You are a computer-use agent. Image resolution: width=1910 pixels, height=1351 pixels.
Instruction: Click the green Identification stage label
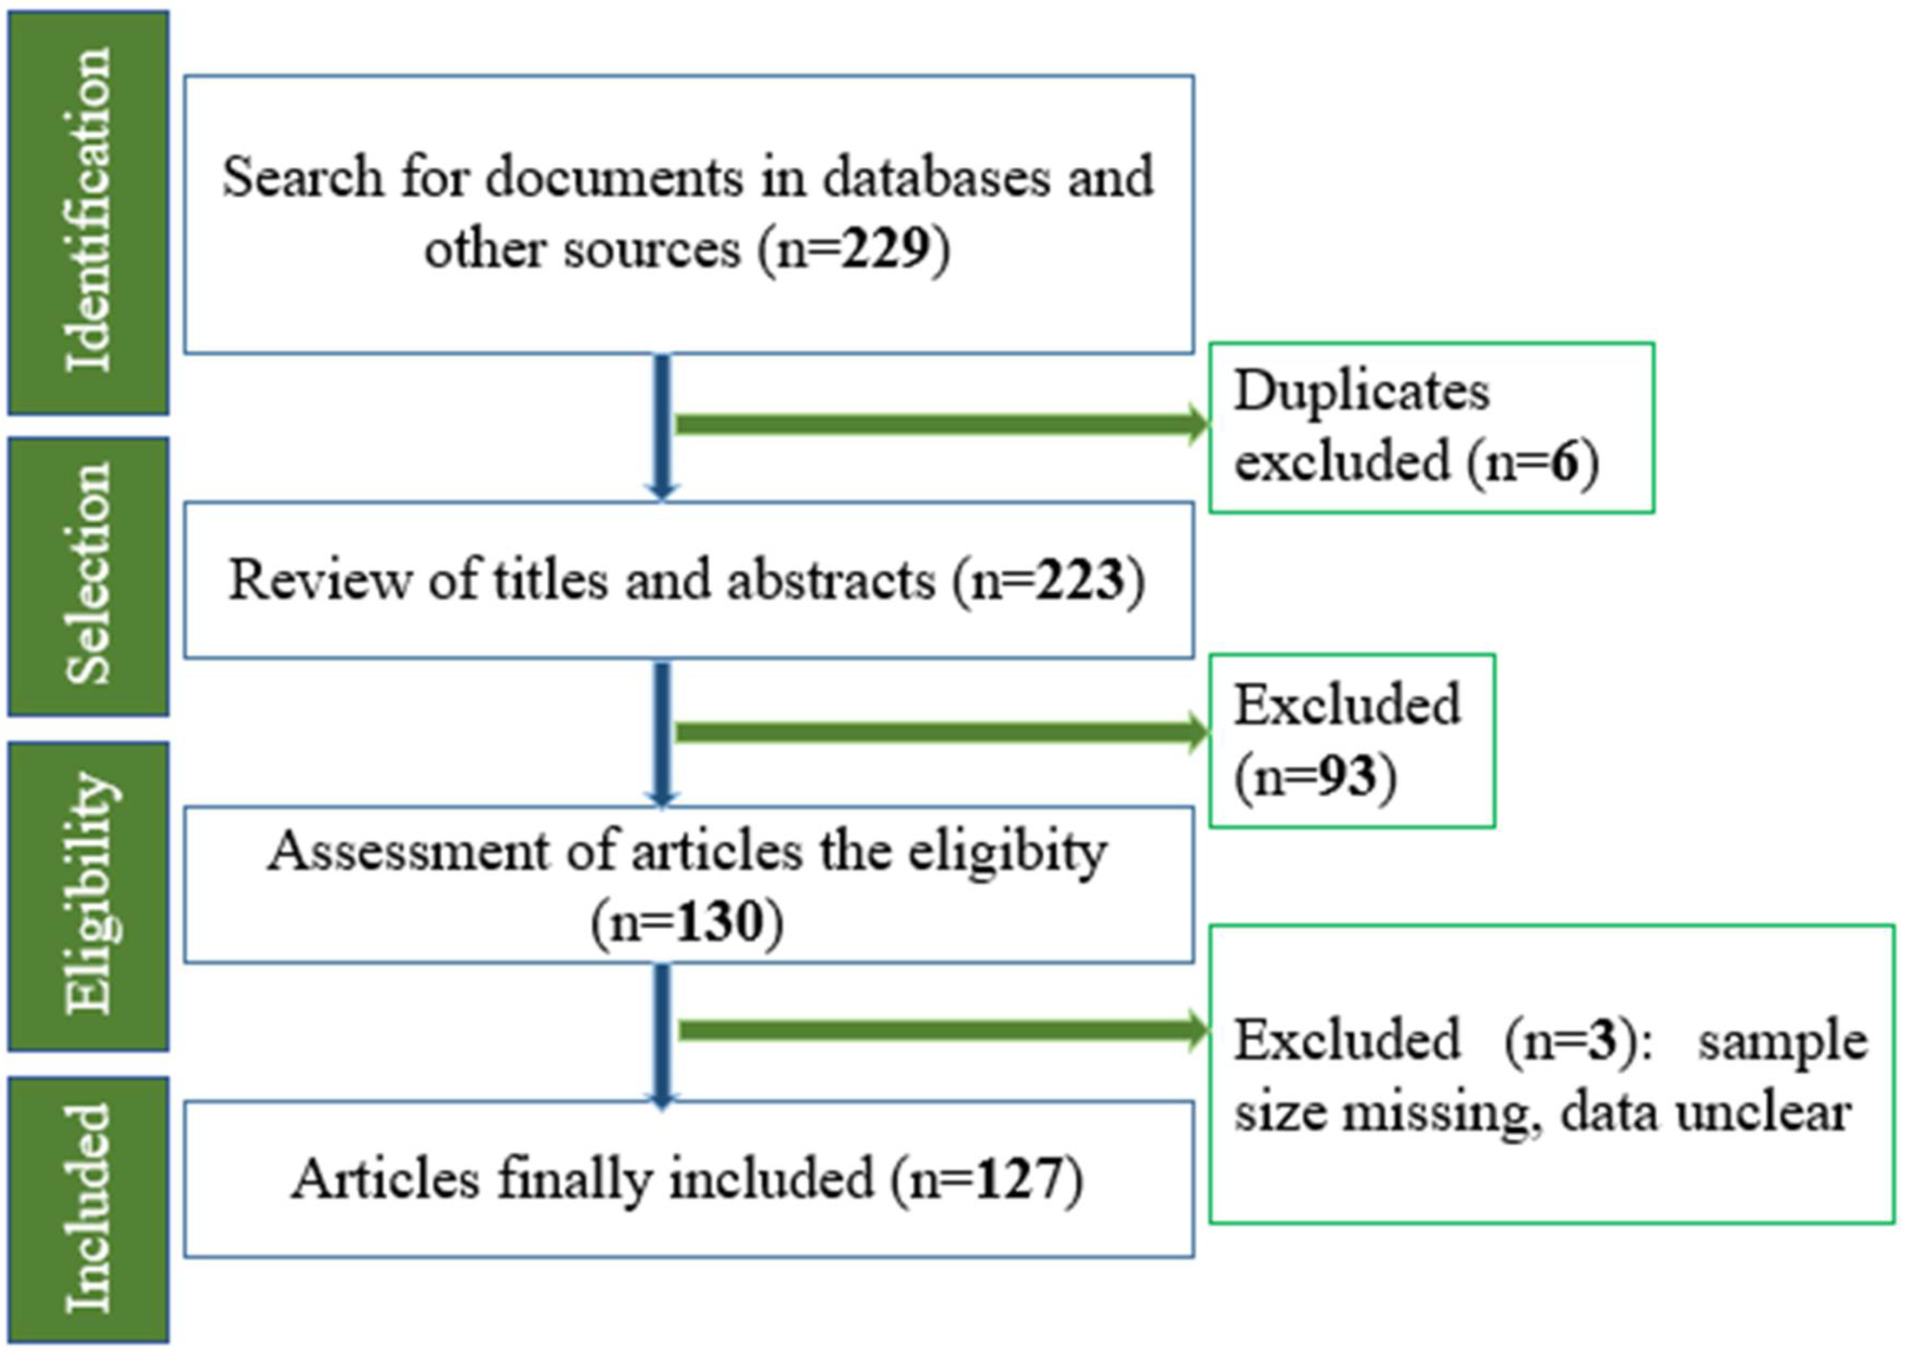click(88, 212)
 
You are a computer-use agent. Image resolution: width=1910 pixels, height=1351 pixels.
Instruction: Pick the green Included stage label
click(88, 1210)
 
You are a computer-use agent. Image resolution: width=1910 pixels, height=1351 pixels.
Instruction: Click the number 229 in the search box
click(884, 248)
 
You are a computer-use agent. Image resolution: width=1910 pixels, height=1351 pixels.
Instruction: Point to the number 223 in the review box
click(1079, 580)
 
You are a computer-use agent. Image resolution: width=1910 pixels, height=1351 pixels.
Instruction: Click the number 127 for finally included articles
click(1019, 1179)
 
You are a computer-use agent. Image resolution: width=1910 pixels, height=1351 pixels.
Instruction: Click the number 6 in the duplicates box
click(1564, 462)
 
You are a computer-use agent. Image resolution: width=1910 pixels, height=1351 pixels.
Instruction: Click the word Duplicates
click(1362, 391)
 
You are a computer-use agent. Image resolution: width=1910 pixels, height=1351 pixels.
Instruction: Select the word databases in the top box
click(936, 177)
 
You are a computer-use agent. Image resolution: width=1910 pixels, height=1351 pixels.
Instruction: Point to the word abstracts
click(831, 580)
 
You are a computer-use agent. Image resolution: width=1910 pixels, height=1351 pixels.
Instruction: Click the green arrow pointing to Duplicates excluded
click(940, 425)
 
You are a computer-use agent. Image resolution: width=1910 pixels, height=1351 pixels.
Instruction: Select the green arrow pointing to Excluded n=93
click(940, 732)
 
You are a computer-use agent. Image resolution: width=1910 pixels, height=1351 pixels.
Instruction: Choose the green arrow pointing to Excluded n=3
click(940, 1031)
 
